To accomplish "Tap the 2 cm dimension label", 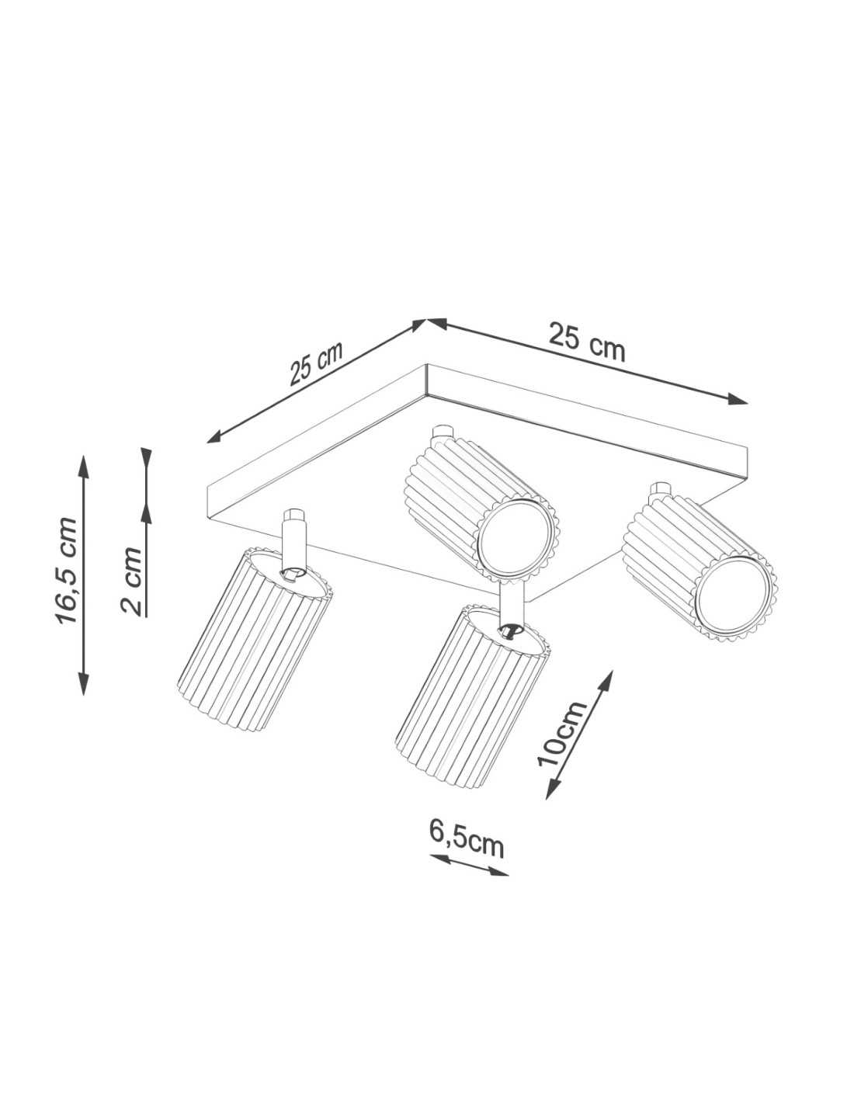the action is coord(131,582).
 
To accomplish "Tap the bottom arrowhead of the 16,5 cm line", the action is coord(83,683).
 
